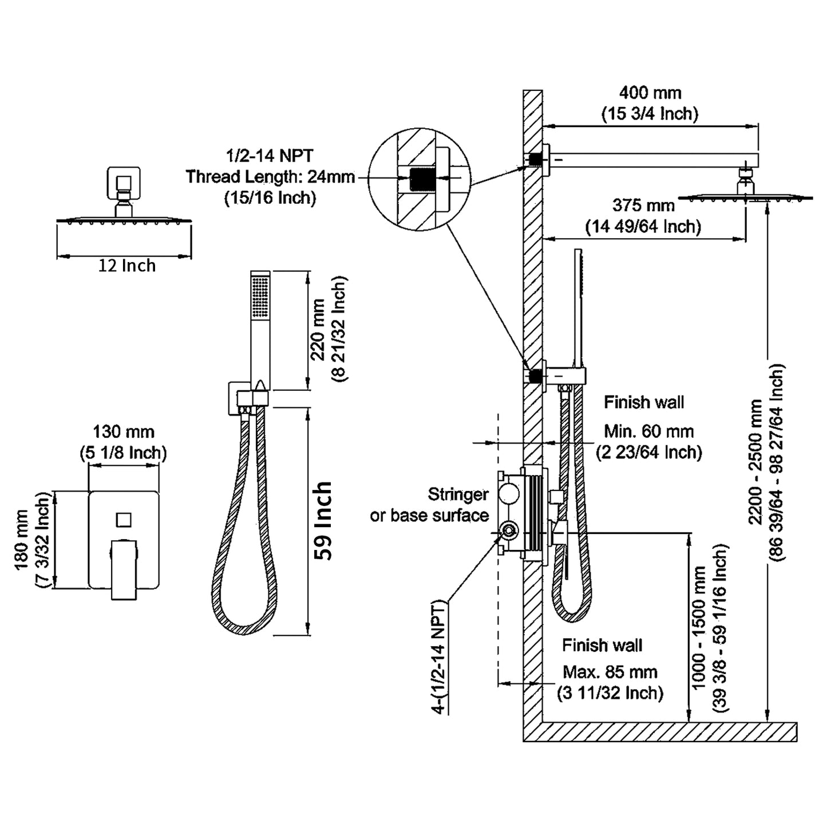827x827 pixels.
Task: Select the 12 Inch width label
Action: click(x=126, y=266)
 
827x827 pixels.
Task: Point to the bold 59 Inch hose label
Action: click(x=323, y=521)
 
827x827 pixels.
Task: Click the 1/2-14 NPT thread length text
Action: click(x=270, y=176)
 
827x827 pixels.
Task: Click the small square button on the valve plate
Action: click(x=124, y=520)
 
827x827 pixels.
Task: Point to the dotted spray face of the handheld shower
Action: click(x=260, y=297)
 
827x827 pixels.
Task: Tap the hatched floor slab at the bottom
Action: click(x=664, y=731)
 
